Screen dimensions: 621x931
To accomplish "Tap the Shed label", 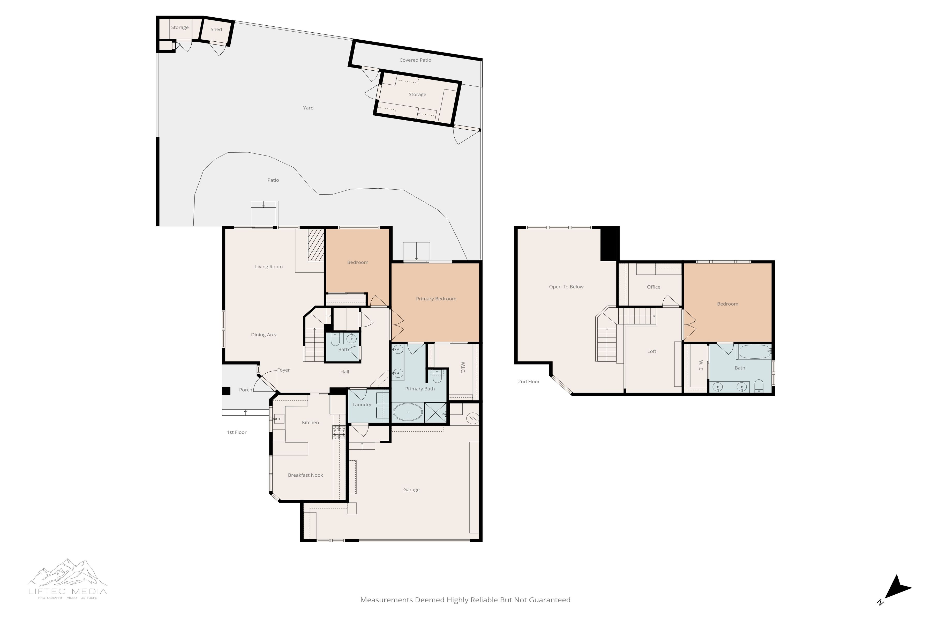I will tap(216, 29).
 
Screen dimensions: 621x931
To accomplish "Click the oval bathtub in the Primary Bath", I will tap(408, 412).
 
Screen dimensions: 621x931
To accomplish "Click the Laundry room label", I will tap(362, 405).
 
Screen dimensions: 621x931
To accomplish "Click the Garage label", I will tap(411, 490).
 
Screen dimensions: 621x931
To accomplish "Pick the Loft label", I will tap(651, 352).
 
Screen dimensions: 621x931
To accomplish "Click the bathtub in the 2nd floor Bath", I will tap(754, 352).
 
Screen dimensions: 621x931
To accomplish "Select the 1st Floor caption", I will tap(236, 432).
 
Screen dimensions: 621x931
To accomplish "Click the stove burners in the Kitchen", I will tap(339, 432).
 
